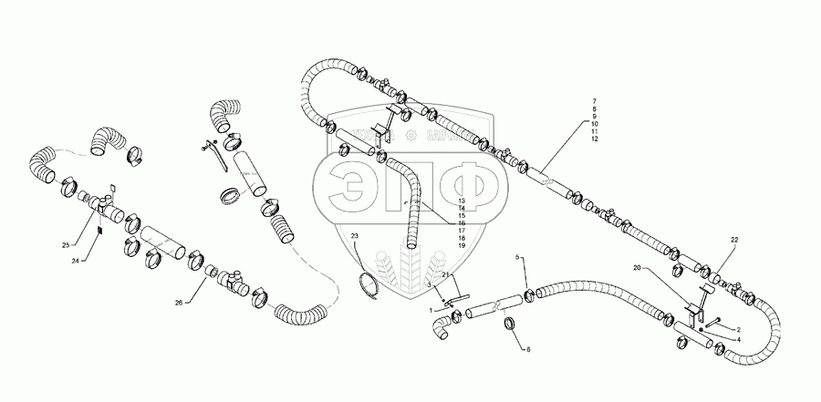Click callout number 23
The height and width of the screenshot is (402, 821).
tap(356, 237)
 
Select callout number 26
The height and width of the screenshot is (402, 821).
tap(178, 302)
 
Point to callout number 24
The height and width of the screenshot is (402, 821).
tap(76, 262)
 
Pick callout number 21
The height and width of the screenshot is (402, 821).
tap(446, 274)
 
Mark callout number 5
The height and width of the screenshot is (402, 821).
tap(520, 258)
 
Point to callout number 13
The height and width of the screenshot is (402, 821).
tap(462, 200)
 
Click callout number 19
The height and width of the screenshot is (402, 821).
tap(462, 246)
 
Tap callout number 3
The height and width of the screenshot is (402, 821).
tap(429, 285)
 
